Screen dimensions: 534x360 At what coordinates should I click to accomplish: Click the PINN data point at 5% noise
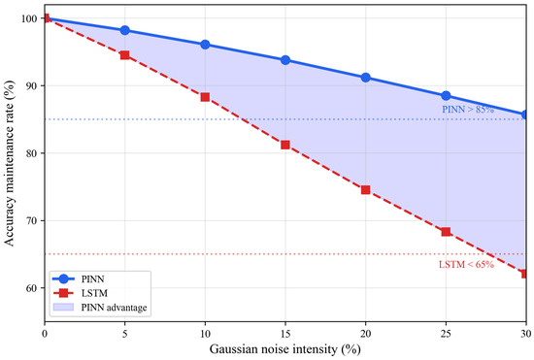coord(125,30)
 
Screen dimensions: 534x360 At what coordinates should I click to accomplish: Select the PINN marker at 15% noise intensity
coord(285,60)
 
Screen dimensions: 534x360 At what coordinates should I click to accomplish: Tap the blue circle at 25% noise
coord(446,96)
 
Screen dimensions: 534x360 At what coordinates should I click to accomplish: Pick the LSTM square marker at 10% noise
coord(205,97)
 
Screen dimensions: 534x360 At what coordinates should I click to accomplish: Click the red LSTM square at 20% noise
coord(365,190)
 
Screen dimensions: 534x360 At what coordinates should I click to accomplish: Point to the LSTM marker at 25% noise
coord(446,232)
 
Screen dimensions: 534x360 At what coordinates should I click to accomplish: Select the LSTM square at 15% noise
coord(285,145)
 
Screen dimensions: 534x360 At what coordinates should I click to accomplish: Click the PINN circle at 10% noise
coord(205,45)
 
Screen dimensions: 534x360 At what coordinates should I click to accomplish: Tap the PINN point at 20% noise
coord(365,78)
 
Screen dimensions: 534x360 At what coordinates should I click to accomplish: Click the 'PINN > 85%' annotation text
coord(468,110)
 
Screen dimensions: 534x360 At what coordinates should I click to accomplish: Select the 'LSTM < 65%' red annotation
coord(466,264)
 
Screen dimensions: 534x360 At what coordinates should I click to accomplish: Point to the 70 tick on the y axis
coord(33,220)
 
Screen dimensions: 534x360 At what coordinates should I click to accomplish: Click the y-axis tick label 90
coord(33,85)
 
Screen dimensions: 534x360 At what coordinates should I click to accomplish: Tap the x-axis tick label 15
coord(285,334)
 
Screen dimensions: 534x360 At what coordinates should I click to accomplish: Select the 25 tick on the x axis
coord(446,334)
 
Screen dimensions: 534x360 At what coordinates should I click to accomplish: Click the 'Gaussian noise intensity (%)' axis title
coord(285,349)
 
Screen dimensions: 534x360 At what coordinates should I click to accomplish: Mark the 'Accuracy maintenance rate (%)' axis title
coord(10,163)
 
